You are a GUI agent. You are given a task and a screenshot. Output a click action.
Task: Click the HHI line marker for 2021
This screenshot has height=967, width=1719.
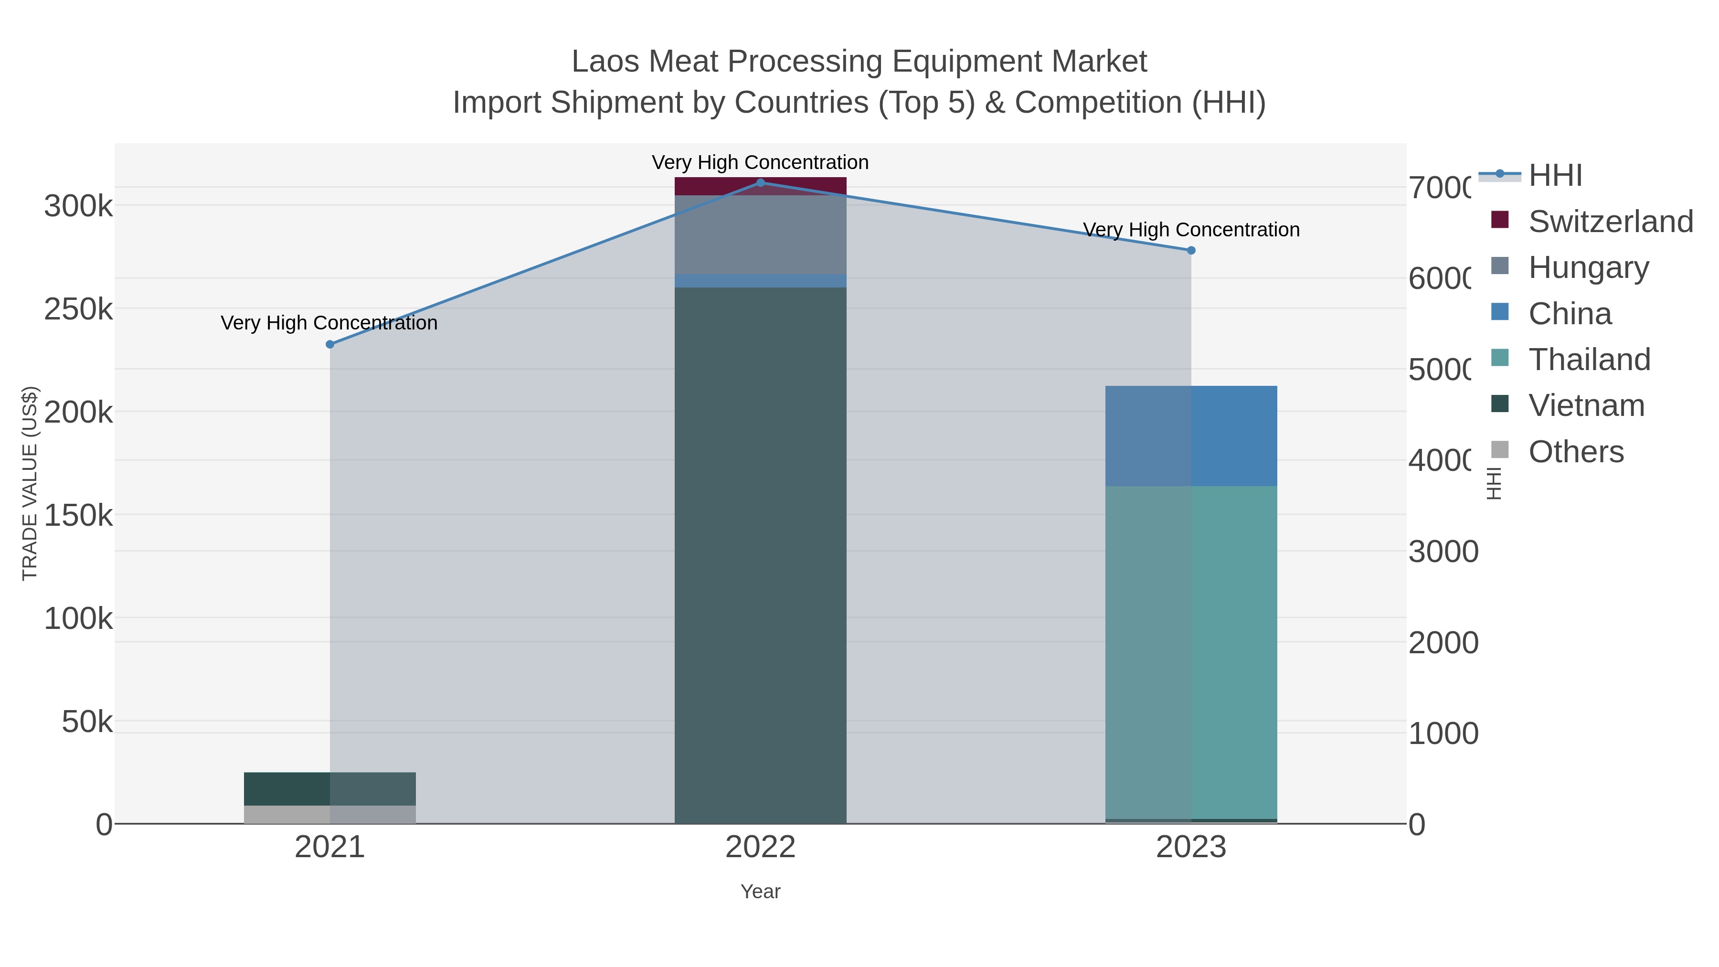[329, 344]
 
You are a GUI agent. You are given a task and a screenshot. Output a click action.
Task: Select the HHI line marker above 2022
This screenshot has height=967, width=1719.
[760, 183]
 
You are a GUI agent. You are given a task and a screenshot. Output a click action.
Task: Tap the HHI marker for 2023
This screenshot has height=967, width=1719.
[1191, 250]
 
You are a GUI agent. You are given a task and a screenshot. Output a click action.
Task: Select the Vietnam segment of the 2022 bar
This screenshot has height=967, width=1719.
[760, 554]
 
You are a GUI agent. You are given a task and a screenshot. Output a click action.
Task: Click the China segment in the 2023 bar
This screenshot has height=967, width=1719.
[1191, 436]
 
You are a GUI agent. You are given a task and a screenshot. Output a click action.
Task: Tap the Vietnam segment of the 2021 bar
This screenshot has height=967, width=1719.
[329, 789]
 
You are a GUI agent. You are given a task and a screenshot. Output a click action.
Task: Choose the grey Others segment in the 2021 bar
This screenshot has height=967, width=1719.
[329, 814]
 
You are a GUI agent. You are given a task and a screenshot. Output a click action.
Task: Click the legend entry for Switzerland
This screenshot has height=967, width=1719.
[1610, 222]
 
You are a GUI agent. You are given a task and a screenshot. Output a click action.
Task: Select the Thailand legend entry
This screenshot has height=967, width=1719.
[1589, 360]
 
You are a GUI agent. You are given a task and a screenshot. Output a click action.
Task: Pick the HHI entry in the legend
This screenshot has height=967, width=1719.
[1555, 176]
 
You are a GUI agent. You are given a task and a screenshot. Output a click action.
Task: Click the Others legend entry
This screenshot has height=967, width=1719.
[1576, 452]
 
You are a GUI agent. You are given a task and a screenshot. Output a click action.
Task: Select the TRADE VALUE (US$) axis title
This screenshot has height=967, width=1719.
[30, 483]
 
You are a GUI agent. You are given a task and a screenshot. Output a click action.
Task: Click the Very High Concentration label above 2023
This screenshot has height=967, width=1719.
[1191, 230]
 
